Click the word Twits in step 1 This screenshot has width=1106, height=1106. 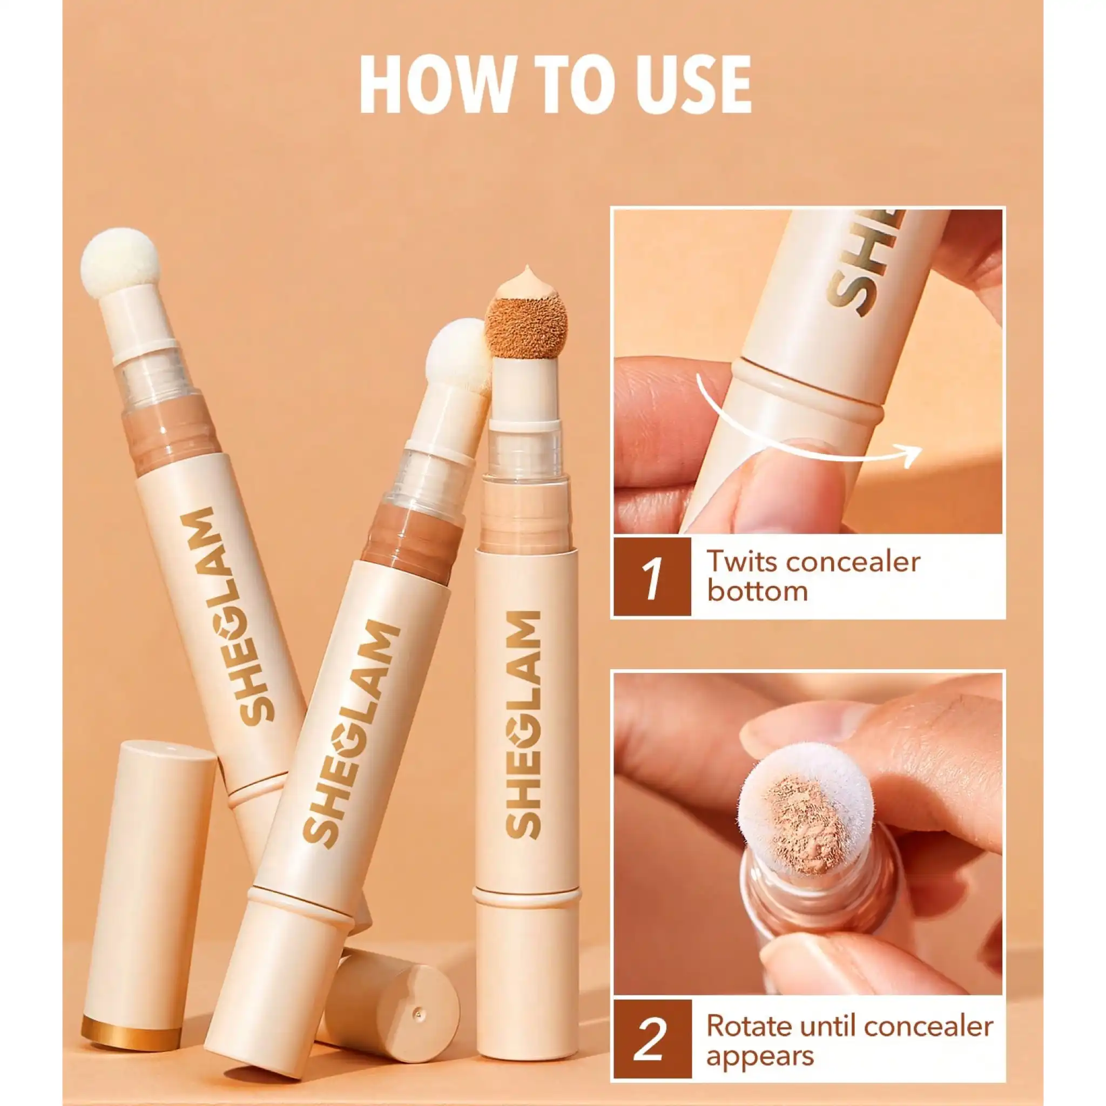(741, 562)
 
